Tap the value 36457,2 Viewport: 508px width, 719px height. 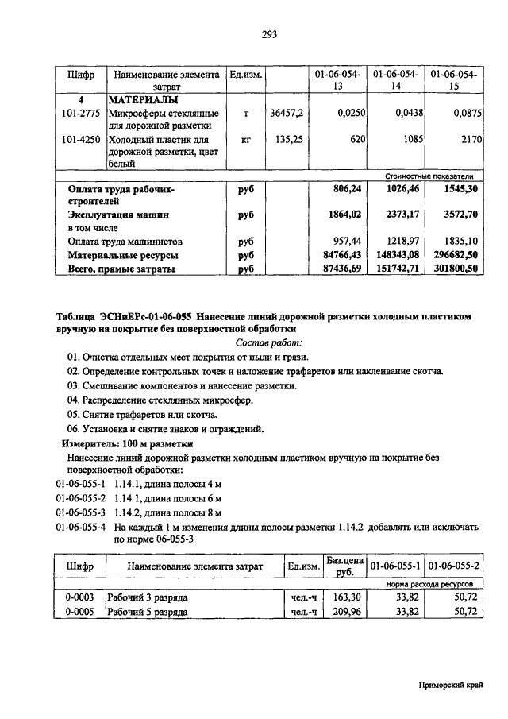pos(287,114)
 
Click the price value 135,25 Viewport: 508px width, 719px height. pos(290,140)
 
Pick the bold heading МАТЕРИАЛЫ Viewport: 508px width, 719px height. pos(144,102)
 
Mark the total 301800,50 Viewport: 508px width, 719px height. pos(456,269)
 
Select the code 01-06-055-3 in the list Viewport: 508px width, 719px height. pos(80,512)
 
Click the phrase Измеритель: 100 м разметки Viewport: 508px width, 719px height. pos(127,443)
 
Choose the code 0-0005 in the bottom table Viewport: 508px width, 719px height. pos(79,613)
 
